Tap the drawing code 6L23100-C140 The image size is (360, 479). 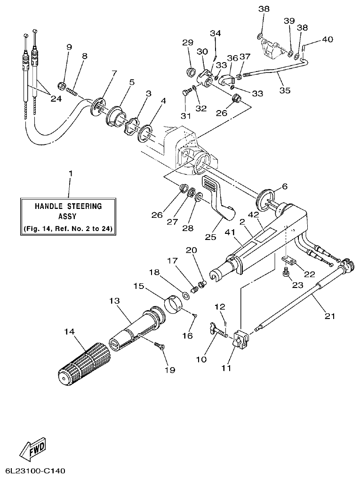tap(36, 471)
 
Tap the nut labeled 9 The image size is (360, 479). tap(61, 85)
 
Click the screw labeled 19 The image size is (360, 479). tap(160, 347)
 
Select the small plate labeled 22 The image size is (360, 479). tap(288, 260)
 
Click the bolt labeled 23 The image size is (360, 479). tap(286, 271)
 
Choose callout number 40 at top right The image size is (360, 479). tap(328, 40)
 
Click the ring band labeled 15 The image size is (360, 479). tap(174, 304)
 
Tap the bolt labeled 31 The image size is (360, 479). tap(186, 93)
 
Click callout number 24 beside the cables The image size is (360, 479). tap(56, 99)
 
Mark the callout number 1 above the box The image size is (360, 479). tap(71, 174)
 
